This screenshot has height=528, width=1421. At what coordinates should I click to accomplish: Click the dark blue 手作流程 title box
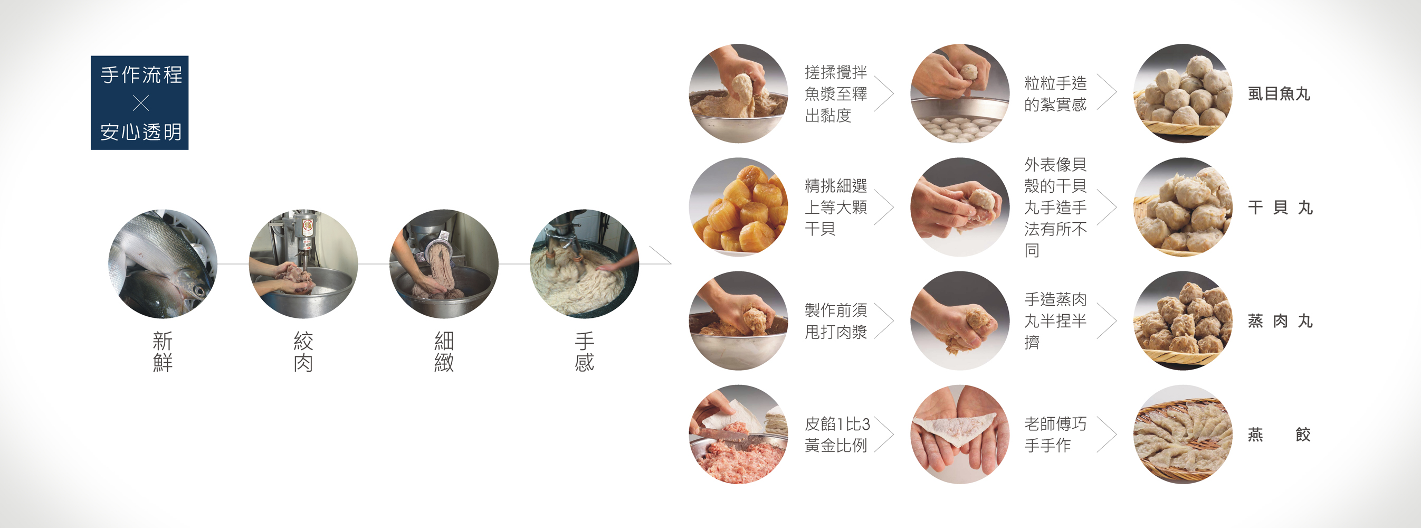[x=139, y=102]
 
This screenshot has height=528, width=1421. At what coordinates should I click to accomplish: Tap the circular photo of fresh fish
[x=163, y=263]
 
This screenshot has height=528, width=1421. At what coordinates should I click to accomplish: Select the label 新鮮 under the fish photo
[x=163, y=352]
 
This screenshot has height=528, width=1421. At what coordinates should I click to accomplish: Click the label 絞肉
[x=303, y=352]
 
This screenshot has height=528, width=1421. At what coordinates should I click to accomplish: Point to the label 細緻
[x=444, y=352]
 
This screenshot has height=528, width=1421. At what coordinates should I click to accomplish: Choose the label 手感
[x=585, y=352]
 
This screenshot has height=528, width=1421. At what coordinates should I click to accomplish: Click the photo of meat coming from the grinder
[x=444, y=263]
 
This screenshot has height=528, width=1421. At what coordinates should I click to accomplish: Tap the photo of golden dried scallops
[x=739, y=207]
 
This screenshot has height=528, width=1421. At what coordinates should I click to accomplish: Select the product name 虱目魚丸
[x=1279, y=94]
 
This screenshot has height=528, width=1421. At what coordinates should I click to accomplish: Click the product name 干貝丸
[x=1280, y=208]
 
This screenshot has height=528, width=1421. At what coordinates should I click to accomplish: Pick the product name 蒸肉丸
[x=1280, y=321]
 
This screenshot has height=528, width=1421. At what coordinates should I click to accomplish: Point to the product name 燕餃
[x=1279, y=435]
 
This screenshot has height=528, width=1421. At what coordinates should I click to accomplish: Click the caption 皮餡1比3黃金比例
[x=837, y=435]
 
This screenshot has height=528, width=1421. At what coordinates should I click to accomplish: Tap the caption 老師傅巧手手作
[x=1055, y=435]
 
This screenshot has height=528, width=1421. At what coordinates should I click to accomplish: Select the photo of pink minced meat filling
[x=739, y=434]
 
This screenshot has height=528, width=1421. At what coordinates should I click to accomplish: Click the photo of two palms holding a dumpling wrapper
[x=960, y=434]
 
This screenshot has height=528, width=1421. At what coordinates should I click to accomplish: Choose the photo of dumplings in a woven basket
[x=1182, y=434]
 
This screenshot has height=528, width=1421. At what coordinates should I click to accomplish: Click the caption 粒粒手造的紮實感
[x=1055, y=94]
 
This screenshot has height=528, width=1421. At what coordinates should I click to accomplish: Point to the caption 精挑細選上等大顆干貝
[x=836, y=208]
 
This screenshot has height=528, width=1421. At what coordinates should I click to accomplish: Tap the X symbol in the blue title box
[x=141, y=102]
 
